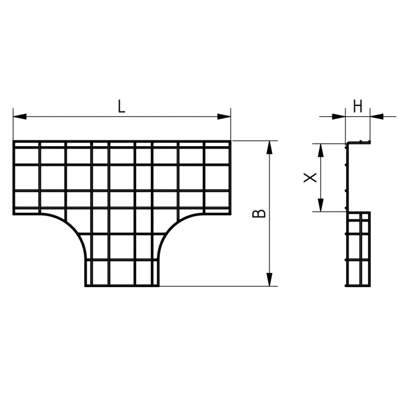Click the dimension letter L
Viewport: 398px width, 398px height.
pos(121,106)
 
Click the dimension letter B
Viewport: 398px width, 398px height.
pos(259,213)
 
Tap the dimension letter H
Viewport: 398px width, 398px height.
pos(358,106)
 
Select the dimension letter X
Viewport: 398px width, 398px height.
pos(310,177)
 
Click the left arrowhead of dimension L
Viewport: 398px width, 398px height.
pos(20,117)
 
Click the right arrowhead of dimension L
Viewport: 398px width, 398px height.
pos(224,117)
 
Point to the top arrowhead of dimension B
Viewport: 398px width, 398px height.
pos(269,147)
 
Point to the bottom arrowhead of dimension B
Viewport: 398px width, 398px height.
pos(269,279)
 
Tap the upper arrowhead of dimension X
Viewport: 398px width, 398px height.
pos(321,150)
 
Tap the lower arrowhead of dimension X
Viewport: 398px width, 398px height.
pos(321,205)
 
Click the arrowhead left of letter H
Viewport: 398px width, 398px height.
pos(338,117)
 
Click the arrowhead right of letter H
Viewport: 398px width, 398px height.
pos(377,117)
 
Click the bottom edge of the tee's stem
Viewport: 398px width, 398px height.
pos(122,286)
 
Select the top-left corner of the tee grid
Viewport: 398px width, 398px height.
pos(14,141)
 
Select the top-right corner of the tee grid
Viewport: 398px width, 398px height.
pos(231,141)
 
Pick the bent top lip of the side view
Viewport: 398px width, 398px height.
pos(359,142)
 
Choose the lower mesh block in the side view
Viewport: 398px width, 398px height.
pos(358,249)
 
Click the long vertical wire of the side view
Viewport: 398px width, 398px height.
pos(347,177)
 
